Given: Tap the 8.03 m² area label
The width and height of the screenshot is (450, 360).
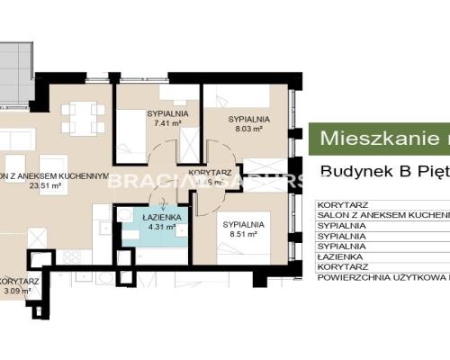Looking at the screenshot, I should [x=244, y=128].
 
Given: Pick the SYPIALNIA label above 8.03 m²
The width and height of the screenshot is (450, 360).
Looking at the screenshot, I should [x=245, y=118].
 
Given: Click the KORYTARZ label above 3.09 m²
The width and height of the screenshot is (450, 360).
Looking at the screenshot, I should [x=18, y=281].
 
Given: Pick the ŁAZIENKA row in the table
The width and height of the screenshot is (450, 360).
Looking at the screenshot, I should [x=341, y=256].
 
